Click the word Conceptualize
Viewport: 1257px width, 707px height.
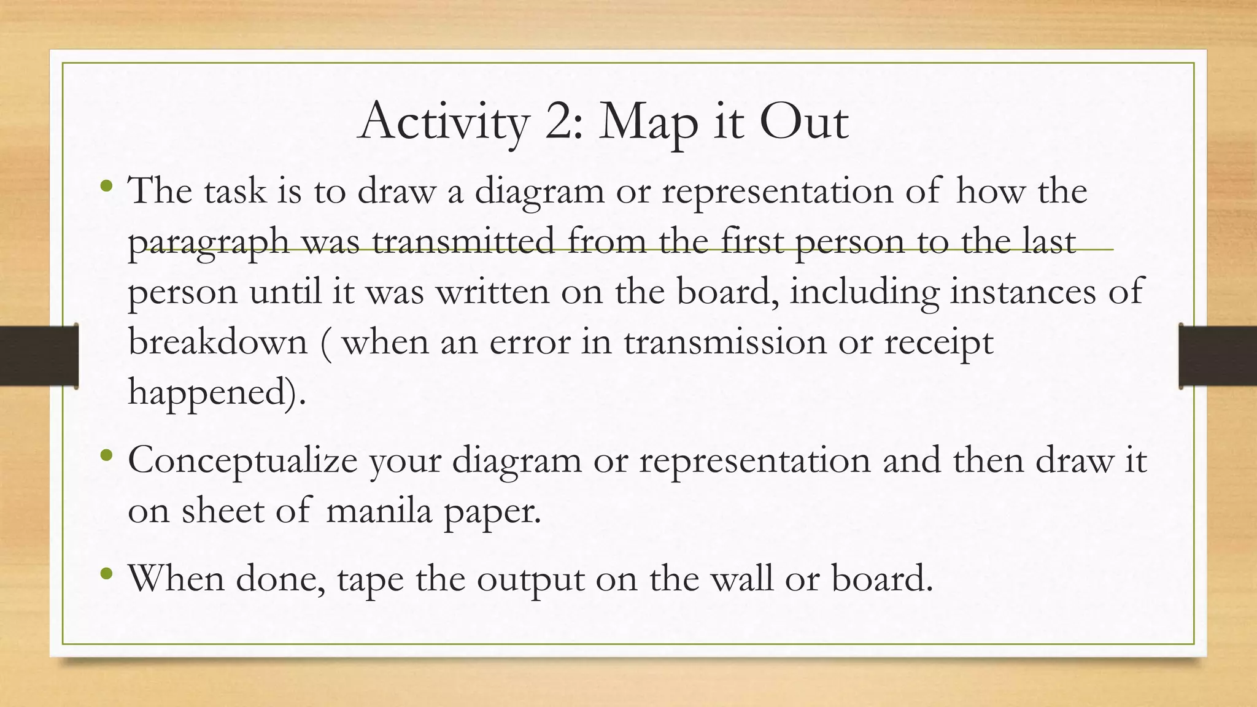click(242, 460)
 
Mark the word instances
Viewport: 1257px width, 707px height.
click(1023, 292)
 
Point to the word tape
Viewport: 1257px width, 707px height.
click(370, 579)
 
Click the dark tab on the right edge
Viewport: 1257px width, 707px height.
click(1218, 355)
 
